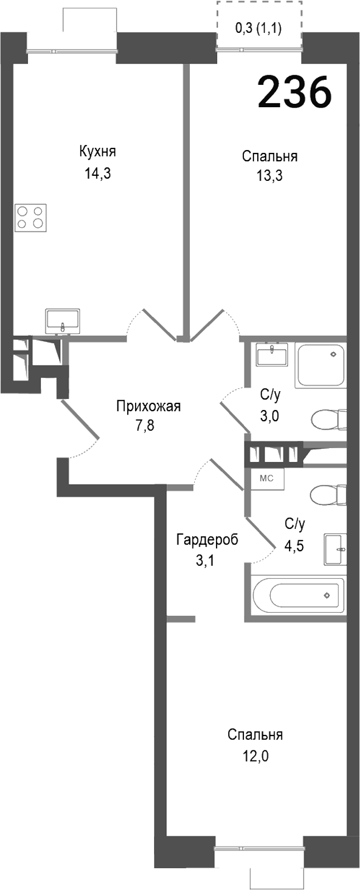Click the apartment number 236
[x=294, y=93]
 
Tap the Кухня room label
[x=98, y=152]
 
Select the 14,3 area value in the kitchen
[x=98, y=174]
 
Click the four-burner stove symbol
[x=31, y=218]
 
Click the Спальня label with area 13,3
[x=270, y=156]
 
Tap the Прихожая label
[x=148, y=406]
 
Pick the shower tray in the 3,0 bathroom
[x=320, y=365]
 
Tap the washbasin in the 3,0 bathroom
[x=272, y=355]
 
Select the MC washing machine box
[x=267, y=478]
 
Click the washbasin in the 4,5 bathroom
[x=335, y=549]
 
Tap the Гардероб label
[x=207, y=540]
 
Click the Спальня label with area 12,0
[x=255, y=735]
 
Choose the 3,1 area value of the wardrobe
[x=205, y=560]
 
